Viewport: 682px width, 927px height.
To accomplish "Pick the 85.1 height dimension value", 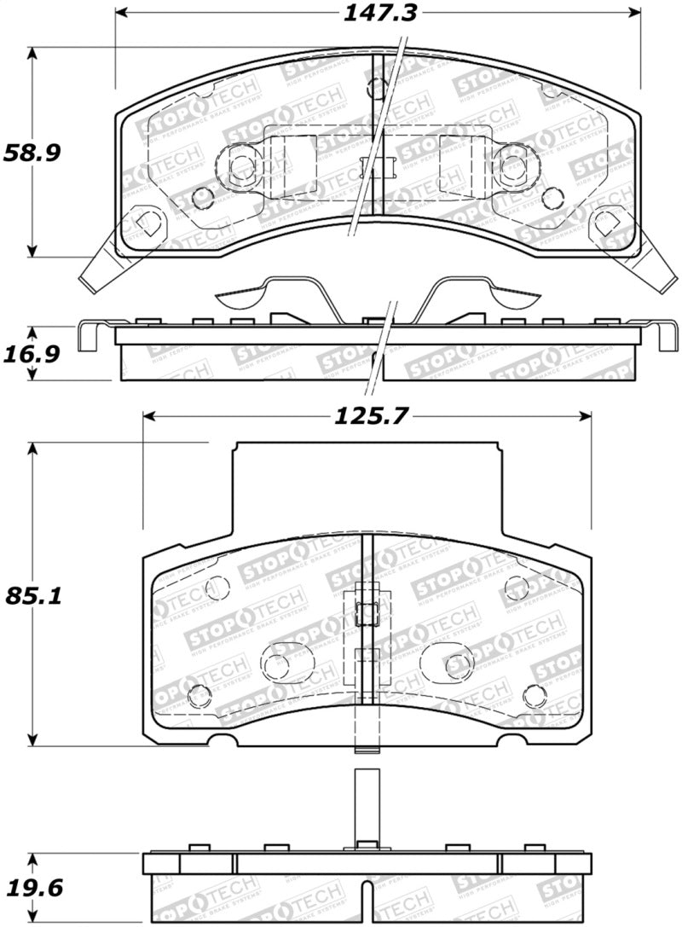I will tap(26, 596).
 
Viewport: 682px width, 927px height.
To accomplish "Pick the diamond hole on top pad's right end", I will tap(609, 223).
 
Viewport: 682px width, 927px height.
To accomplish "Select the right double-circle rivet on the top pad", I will tap(512, 165).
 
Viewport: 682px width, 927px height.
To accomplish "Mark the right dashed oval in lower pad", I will tap(451, 662).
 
